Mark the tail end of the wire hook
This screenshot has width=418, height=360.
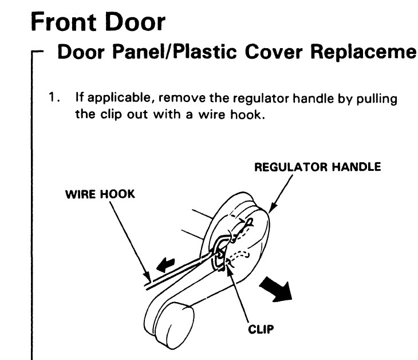pos(148,284)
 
